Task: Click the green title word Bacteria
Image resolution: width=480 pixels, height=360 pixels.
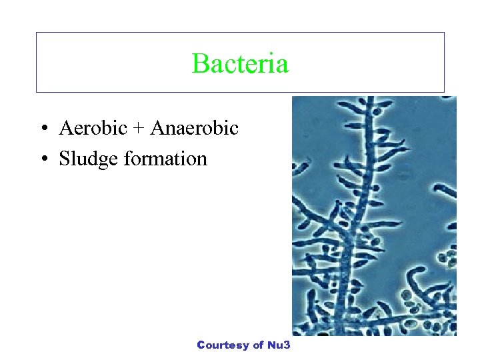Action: pos(240,64)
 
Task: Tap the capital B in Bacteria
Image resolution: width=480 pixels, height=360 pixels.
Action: pos(199,64)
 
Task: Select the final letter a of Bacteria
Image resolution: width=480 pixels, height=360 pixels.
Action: pos(283,66)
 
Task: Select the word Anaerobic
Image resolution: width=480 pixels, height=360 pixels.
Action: pos(194,128)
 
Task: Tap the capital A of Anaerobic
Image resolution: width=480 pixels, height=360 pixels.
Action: pos(157,128)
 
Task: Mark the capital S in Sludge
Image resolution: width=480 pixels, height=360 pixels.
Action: pos(65,159)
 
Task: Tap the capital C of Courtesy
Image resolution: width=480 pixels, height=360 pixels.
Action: pos(201,345)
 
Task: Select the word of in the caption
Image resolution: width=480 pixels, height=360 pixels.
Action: pos(259,345)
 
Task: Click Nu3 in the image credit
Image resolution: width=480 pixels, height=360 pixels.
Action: pos(280,345)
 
